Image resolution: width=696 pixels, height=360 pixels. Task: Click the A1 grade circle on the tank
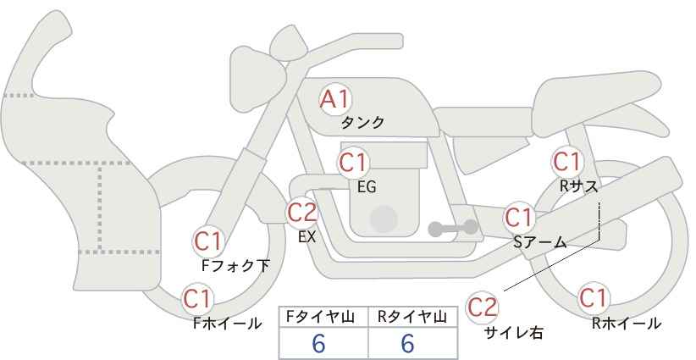(335, 99)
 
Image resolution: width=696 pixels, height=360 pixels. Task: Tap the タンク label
(362, 123)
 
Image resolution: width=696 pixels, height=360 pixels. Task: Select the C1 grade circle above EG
(354, 161)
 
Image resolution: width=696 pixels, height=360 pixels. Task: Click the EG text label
(367, 187)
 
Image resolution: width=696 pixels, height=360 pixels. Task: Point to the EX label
(307, 238)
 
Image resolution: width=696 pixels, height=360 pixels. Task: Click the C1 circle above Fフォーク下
(207, 241)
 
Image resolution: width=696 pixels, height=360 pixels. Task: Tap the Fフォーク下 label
(235, 266)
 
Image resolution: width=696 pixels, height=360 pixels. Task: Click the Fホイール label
(227, 323)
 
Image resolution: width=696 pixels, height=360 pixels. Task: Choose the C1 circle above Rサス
(566, 160)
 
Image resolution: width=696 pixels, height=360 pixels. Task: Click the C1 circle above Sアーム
(518, 217)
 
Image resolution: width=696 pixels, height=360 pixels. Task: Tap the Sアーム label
(539, 242)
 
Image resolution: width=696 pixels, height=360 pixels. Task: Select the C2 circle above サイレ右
(483, 306)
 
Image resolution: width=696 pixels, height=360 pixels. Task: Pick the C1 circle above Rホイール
(593, 298)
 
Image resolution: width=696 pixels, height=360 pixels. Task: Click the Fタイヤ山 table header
(323, 316)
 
